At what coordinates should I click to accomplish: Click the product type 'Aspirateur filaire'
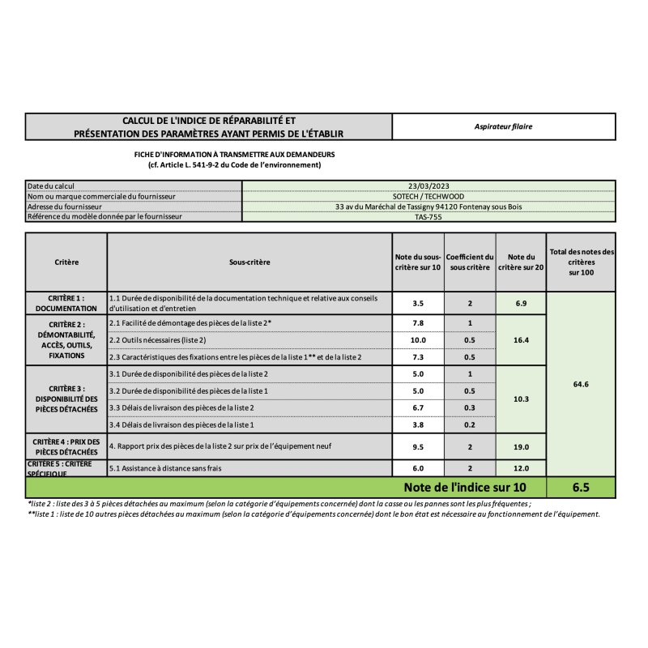tap(504, 126)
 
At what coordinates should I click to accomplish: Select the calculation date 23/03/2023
tap(428, 185)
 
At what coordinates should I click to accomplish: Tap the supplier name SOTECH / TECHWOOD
tap(428, 196)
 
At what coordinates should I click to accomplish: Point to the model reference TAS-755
tap(428, 216)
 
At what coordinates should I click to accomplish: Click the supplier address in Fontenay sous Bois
tap(428, 207)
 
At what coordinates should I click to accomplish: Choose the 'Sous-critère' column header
tap(249, 262)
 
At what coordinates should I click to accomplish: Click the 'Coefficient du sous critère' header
tap(470, 262)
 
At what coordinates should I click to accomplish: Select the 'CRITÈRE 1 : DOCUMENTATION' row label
tap(66, 303)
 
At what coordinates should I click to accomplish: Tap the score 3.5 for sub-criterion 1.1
tap(418, 303)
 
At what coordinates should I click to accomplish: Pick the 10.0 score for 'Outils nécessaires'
tap(418, 340)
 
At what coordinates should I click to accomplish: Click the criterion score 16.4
tap(521, 340)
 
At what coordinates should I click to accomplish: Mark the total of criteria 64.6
tap(580, 384)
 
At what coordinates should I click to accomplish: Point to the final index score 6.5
tap(580, 488)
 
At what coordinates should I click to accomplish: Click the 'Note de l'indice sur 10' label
tap(465, 488)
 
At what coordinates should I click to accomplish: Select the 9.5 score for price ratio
tap(418, 446)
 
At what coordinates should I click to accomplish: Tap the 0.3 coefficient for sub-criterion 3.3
tap(470, 407)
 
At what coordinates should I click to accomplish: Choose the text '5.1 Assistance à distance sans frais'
tap(165, 468)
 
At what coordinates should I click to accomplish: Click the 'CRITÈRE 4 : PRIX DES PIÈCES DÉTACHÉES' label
tap(66, 446)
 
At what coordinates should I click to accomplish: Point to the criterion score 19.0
tap(521, 446)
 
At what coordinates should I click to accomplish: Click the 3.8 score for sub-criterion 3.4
tap(418, 424)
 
